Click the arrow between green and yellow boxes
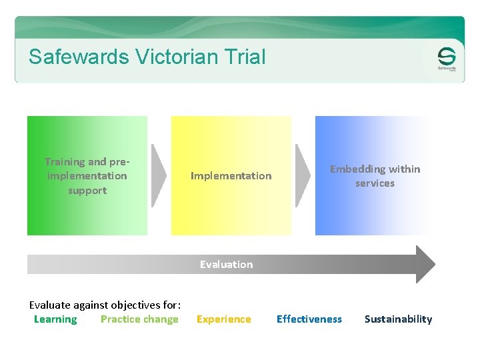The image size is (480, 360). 159,175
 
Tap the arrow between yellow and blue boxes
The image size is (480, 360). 303,175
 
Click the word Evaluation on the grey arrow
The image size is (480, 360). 227,265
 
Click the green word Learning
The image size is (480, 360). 55,319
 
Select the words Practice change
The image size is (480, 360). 139,319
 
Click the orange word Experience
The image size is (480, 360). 224,319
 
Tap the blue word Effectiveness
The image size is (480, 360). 309,319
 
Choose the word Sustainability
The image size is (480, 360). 398,319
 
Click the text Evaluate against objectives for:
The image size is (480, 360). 105,305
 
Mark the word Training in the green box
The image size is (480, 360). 65,161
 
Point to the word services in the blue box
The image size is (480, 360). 375,183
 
